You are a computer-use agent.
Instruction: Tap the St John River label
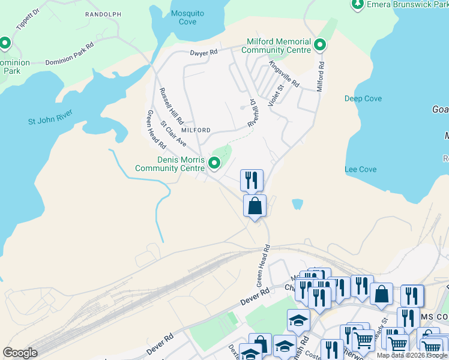tap(50, 117)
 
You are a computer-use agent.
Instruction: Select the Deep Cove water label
tap(363, 98)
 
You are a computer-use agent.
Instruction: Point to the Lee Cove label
tap(361, 169)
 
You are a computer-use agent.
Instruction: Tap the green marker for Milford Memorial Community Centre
tap(320, 45)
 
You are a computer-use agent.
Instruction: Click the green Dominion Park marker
tap(5, 43)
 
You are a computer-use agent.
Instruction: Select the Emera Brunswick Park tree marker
tap(358, 5)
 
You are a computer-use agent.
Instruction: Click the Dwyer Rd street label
tap(203, 53)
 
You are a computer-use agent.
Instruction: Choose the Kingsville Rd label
tap(283, 74)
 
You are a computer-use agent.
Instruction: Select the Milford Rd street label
tap(321, 76)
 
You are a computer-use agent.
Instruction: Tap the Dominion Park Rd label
tap(70, 54)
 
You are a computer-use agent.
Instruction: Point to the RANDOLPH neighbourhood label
tap(103, 14)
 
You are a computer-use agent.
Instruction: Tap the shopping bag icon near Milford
tap(255, 206)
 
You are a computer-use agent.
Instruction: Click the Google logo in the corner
tap(20, 353)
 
